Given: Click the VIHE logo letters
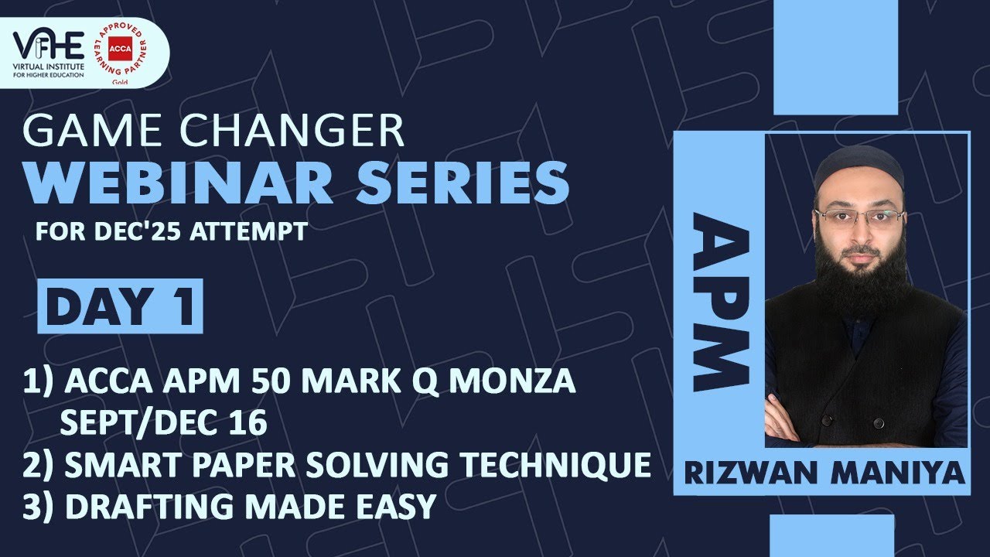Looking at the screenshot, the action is [49, 45].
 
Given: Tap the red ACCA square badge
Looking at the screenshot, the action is [120, 49].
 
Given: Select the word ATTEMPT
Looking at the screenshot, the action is [248, 231].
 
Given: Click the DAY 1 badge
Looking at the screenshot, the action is [120, 306].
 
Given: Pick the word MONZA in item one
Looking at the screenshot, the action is [513, 381].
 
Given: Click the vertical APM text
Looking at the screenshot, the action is [721, 302].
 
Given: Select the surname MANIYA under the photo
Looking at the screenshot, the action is [898, 473].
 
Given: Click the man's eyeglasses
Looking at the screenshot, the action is [859, 217].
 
